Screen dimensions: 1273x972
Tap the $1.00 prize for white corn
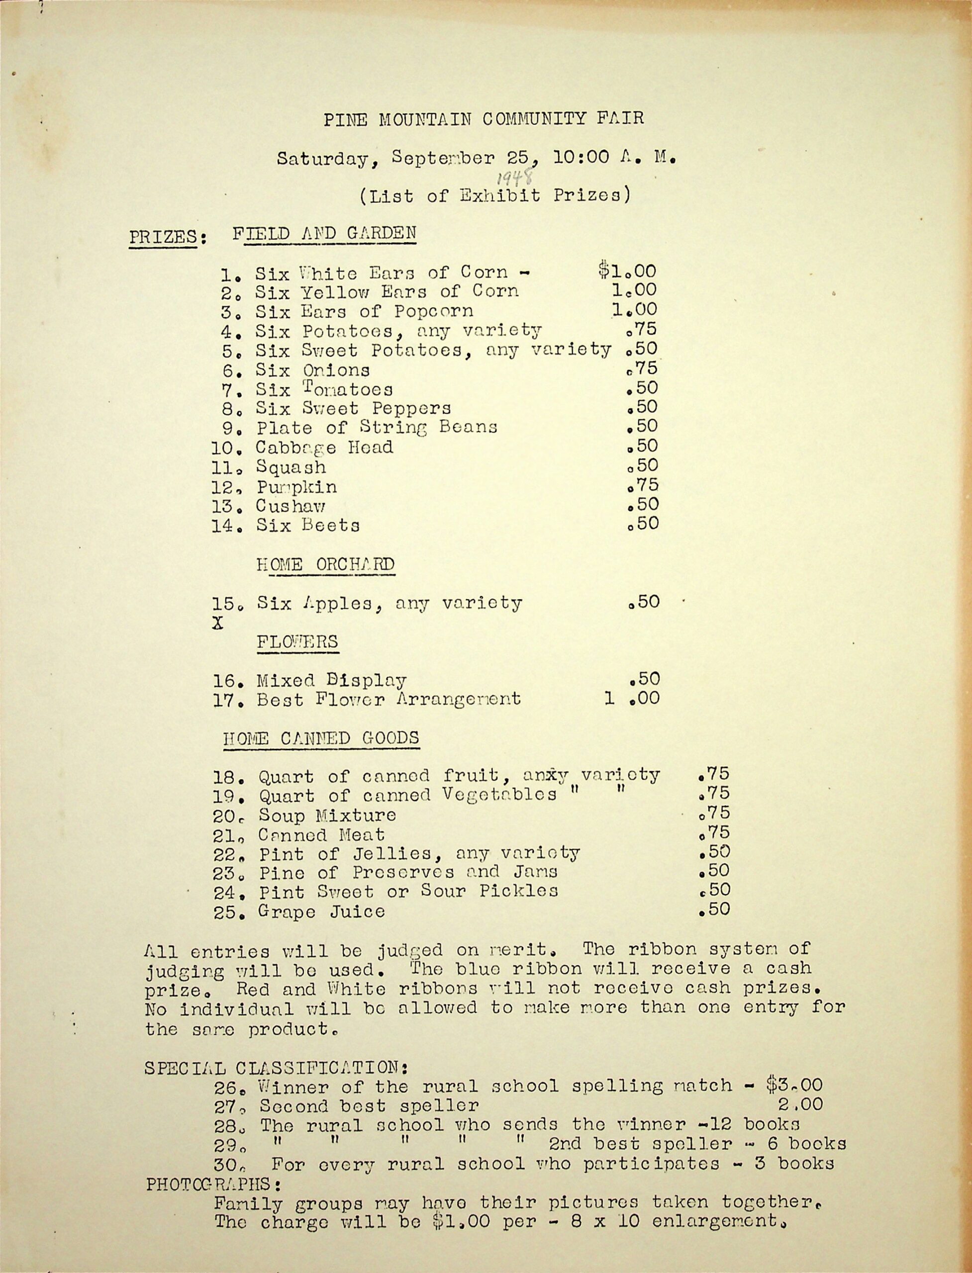coord(627,271)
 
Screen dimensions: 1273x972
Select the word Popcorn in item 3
coord(433,311)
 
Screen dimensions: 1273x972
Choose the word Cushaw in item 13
coord(291,506)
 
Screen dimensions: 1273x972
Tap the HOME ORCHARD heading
coord(325,564)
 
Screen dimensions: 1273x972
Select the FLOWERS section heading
coord(297,642)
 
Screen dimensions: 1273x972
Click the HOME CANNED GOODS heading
coord(321,738)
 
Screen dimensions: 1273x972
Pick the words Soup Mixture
coord(327,816)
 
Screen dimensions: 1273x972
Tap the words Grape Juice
coord(322,912)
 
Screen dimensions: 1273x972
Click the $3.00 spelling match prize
coord(794,1085)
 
